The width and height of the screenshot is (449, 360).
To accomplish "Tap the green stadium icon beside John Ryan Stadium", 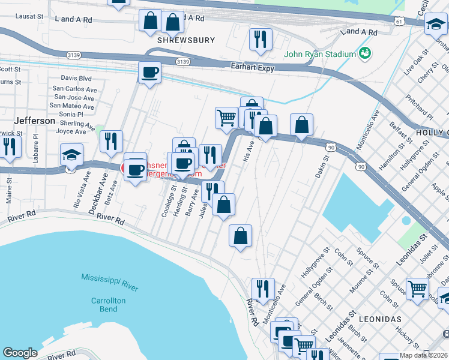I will [364, 54].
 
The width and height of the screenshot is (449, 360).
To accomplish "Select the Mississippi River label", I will [110, 283].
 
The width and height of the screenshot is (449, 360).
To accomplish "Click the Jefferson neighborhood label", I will [35, 121].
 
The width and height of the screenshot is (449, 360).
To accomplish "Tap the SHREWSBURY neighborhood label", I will [185, 40].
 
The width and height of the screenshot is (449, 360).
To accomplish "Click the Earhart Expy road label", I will [253, 68].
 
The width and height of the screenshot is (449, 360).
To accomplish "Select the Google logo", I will [20, 353].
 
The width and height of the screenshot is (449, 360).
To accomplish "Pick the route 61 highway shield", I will [399, 21].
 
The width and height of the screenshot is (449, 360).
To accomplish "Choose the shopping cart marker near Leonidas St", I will [417, 287].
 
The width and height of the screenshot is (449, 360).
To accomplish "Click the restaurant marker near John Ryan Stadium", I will [261, 39].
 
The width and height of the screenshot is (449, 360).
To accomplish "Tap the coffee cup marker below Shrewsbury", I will [149, 73].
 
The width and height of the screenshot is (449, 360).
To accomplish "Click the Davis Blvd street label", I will [76, 78].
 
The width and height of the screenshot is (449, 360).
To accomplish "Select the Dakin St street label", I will [322, 167].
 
